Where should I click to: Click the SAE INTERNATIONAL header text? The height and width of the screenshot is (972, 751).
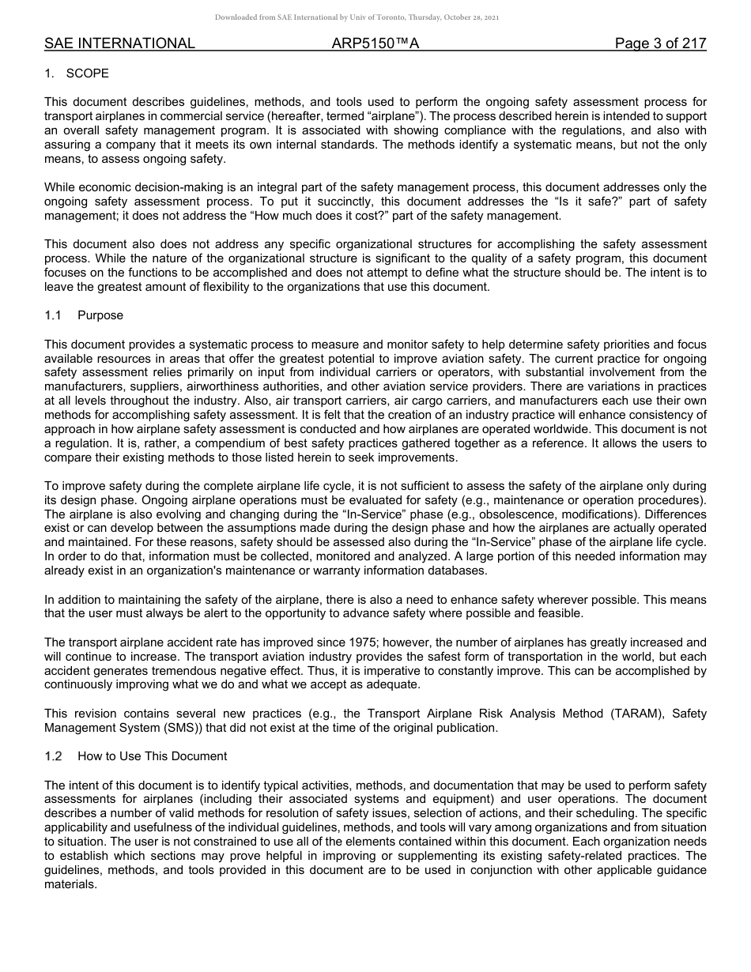119,43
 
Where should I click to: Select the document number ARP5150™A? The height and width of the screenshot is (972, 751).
375,43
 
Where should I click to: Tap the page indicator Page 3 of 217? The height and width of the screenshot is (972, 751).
660,43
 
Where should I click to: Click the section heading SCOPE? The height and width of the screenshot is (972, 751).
88,73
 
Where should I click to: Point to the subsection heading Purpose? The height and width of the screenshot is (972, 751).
100,315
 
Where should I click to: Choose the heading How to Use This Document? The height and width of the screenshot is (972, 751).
152,756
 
